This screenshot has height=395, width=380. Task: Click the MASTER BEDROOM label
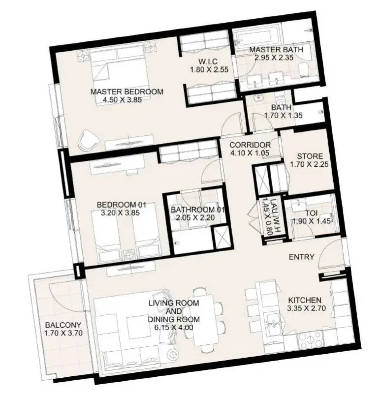tap(127, 92)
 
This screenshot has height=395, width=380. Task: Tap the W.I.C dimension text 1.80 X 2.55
tap(209, 69)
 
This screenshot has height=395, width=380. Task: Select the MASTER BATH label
tap(276, 50)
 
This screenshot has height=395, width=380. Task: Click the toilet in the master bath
tap(303, 70)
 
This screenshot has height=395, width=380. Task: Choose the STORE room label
tap(310, 156)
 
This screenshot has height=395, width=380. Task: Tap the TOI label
tap(311, 213)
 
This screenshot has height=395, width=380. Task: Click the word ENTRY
tap(302, 257)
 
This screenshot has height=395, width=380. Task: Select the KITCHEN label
tap(305, 300)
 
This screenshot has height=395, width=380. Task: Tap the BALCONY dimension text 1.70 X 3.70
tap(63, 333)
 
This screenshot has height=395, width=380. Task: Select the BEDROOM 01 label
tap(121, 205)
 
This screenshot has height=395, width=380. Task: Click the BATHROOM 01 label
tap(198, 210)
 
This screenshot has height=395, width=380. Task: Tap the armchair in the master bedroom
tap(88, 141)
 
